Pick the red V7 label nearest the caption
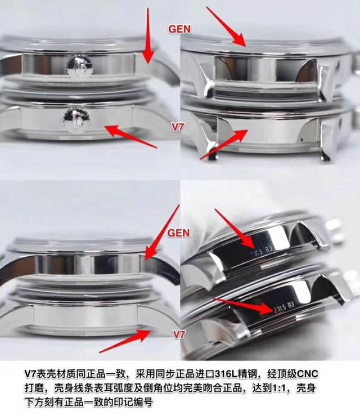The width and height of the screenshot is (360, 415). [178, 335]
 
